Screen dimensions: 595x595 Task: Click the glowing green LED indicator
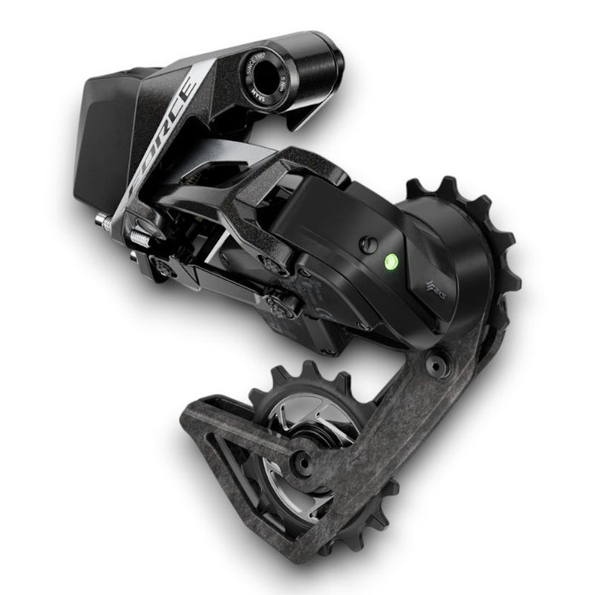pyautogui.click(x=391, y=262)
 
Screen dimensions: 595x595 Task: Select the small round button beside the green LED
pyautogui.click(x=367, y=245)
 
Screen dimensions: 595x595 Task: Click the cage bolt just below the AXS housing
pyautogui.click(x=436, y=365)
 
